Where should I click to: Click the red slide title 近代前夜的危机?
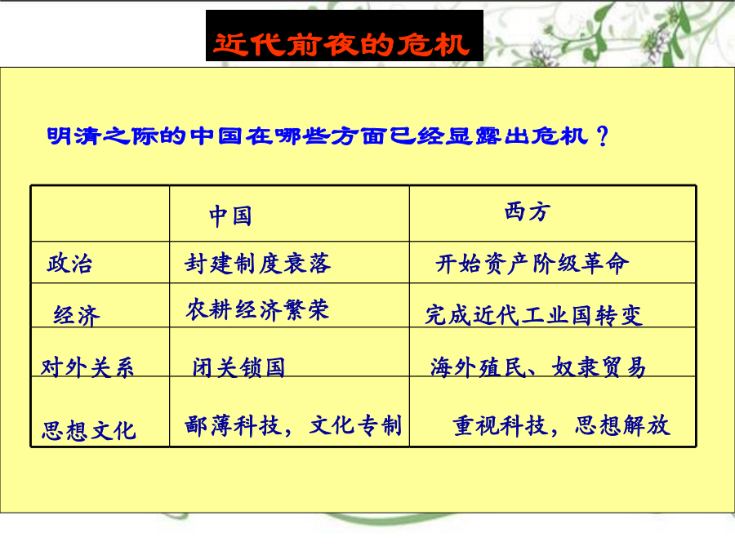click(341, 45)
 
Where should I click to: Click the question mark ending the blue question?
click(603, 136)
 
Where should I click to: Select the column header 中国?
click(230, 216)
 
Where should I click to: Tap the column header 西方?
click(527, 211)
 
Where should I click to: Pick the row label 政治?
click(69, 263)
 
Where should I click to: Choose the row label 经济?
click(77, 315)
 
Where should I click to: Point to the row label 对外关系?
click(87, 367)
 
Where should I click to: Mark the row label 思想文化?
click(88, 430)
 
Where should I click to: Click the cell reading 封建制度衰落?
click(257, 263)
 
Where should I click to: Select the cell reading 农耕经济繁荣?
click(257, 309)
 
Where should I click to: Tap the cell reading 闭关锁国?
click(238, 367)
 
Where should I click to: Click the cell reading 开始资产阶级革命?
click(532, 264)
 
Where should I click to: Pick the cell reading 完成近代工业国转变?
click(534, 315)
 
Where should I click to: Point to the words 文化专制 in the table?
click(355, 425)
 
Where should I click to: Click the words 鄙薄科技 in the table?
click(232, 425)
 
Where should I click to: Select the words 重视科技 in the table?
click(500, 425)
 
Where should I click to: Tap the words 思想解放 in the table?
click(622, 425)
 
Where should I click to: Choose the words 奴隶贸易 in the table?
click(599, 367)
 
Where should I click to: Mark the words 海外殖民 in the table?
click(478, 367)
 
